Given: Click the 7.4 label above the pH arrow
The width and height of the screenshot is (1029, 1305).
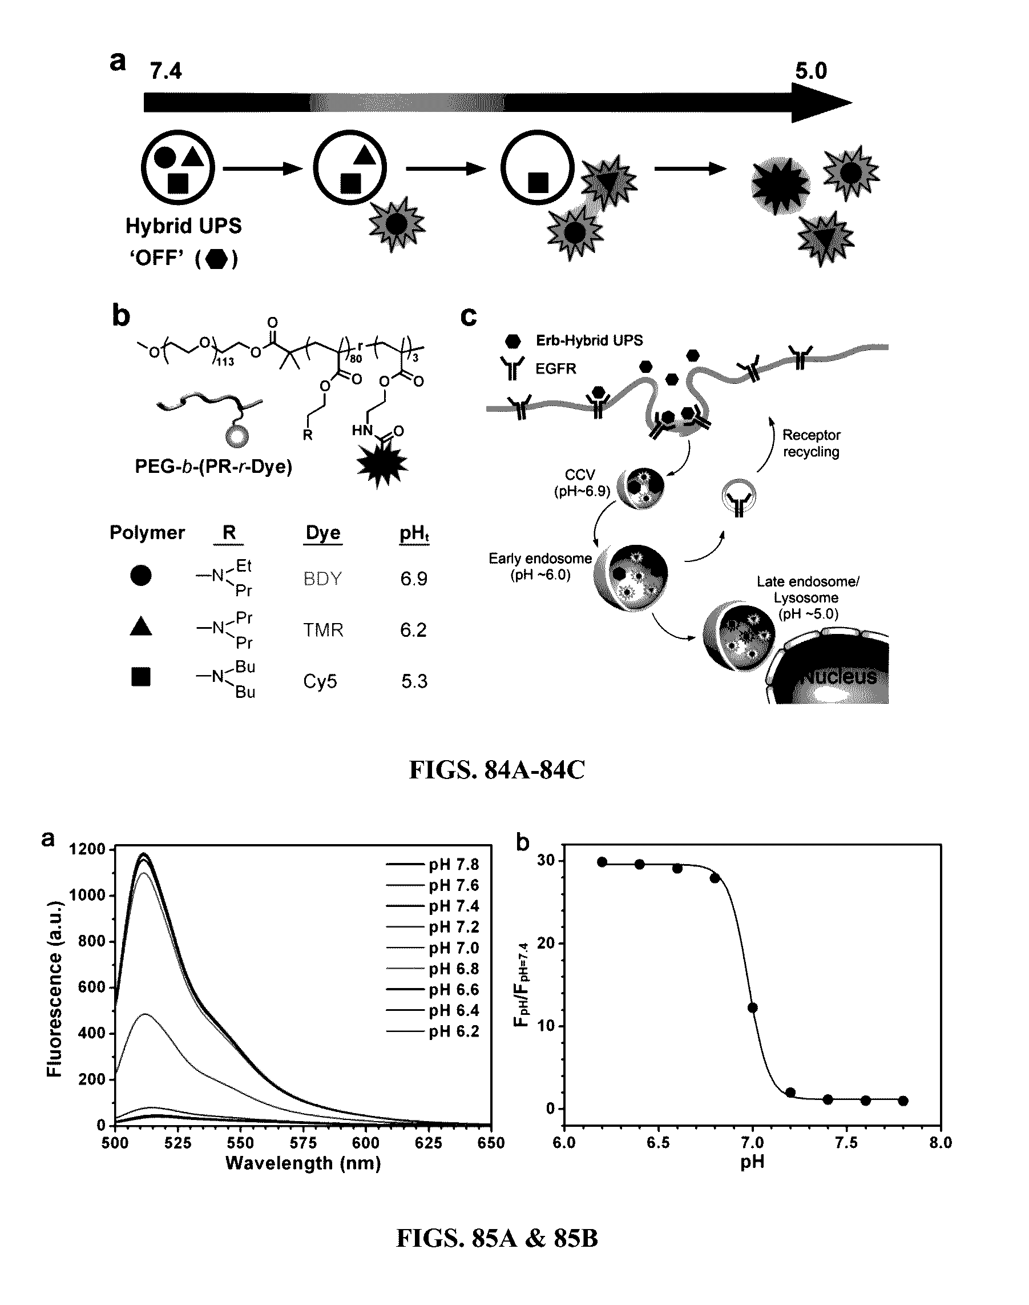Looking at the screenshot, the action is tap(166, 72).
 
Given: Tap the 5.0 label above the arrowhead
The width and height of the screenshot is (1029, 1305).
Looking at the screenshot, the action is tap(811, 71).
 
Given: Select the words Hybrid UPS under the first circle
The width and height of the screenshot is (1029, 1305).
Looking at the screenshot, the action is tap(183, 226).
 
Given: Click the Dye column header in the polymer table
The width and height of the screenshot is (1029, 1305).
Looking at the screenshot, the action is tap(323, 533).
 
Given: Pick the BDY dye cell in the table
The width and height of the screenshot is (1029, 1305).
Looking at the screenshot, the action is tap(322, 579).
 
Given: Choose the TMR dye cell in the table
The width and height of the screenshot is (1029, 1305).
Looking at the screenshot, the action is tap(323, 630).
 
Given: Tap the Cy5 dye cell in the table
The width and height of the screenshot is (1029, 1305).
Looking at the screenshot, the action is tap(320, 682).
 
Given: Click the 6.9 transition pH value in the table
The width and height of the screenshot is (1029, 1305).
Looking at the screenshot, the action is tap(414, 579).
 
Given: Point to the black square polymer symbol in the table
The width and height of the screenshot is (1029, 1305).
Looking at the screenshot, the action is tap(141, 677).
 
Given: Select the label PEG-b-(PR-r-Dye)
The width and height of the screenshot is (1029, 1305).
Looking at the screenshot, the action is tap(213, 467).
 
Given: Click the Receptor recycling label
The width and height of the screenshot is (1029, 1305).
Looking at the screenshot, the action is tap(811, 443).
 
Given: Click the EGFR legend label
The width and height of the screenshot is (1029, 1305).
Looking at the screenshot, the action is tap(555, 368).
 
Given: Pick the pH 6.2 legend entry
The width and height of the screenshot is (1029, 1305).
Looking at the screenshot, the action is tap(454, 1031).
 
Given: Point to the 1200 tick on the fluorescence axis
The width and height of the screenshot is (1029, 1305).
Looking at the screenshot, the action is tap(87, 849).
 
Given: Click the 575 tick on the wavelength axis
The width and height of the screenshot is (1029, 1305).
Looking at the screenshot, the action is tap(303, 1143).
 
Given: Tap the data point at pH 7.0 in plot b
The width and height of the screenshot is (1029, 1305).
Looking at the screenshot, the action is tap(752, 1007).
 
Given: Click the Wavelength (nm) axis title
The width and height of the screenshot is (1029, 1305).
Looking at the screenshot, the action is tap(303, 1163).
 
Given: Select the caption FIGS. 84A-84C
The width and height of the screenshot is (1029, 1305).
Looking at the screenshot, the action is tap(497, 770).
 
